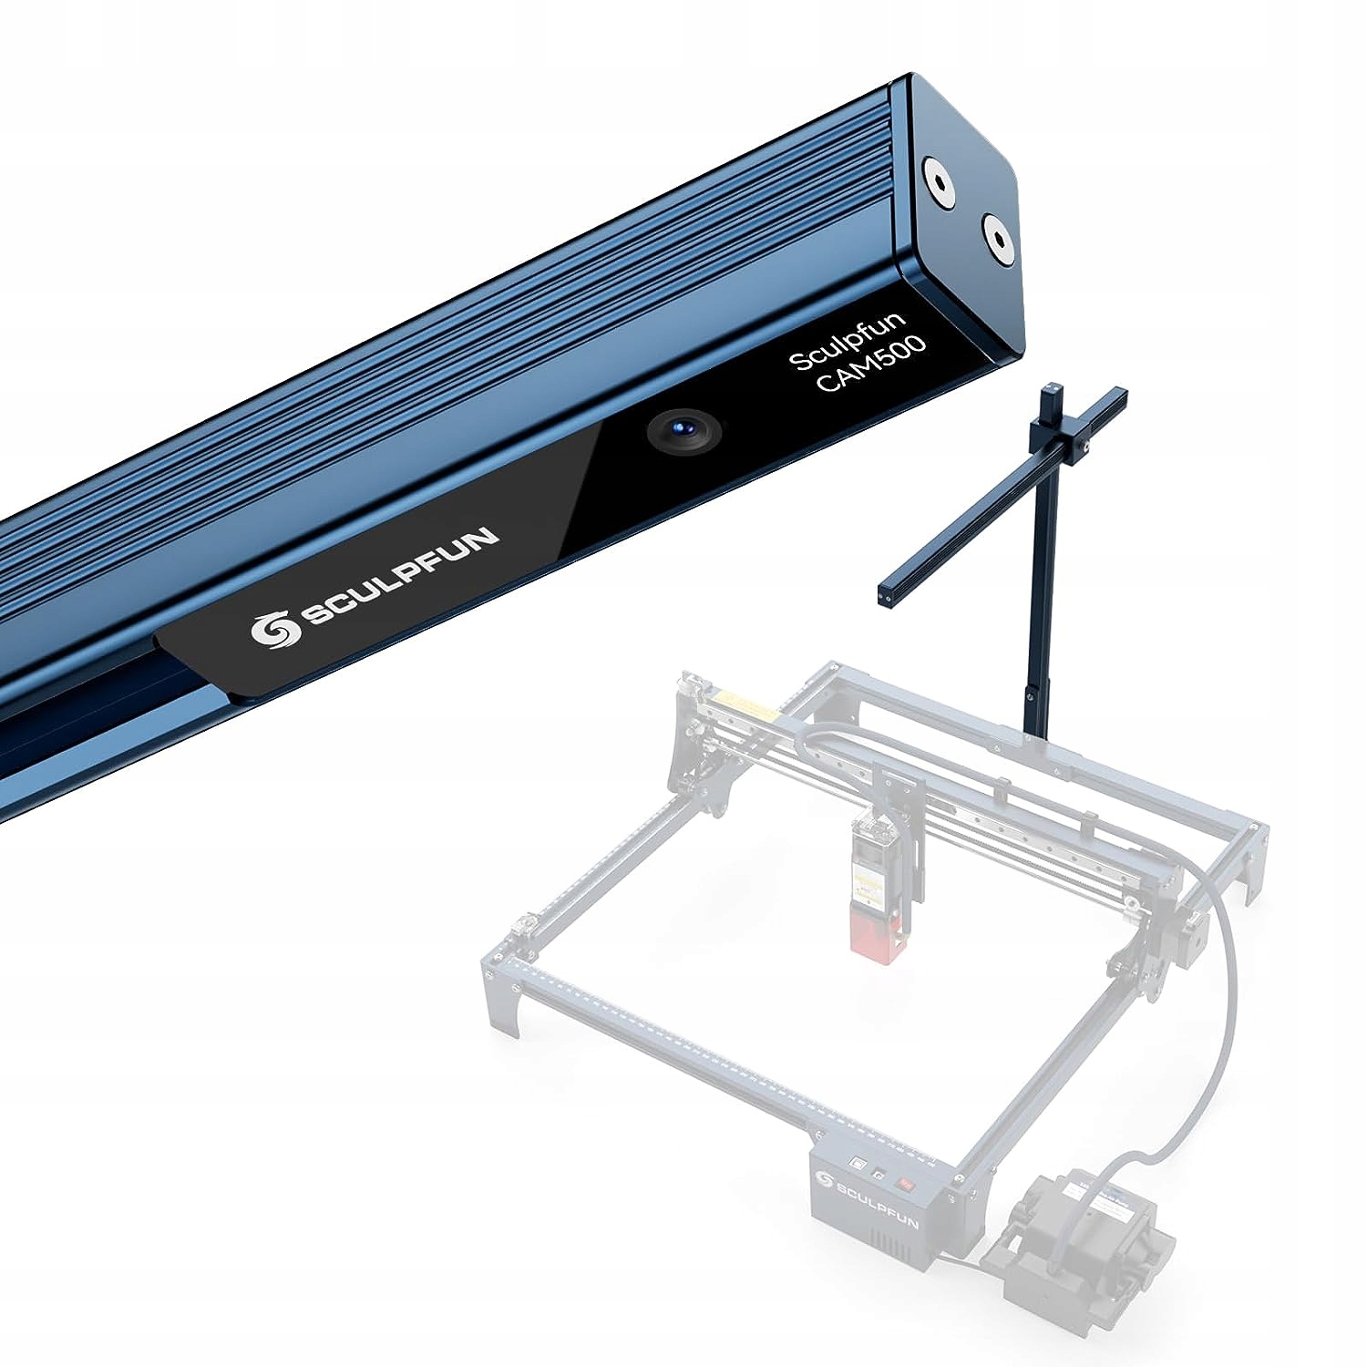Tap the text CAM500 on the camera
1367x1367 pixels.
(x=870, y=364)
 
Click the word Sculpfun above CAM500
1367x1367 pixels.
(x=847, y=340)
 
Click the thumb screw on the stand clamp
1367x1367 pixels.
(x=1091, y=447)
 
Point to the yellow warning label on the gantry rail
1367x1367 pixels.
(x=744, y=704)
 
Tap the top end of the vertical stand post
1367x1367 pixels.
(x=1052, y=391)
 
